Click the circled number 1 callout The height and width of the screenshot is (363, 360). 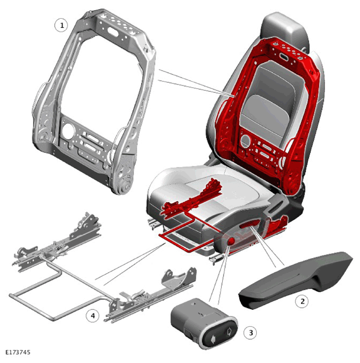(61, 25)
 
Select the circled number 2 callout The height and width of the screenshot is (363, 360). (302, 301)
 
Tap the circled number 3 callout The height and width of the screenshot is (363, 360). (251, 332)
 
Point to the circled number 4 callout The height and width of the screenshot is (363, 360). (93, 315)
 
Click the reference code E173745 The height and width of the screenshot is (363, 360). (18, 352)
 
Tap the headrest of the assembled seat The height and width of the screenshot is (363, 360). (285, 29)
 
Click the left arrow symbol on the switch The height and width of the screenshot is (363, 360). (212, 339)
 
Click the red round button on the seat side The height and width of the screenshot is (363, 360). (231, 241)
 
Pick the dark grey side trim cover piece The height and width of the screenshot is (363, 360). (295, 280)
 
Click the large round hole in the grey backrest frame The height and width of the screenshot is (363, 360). (67, 131)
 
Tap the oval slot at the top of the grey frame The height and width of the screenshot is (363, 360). (113, 31)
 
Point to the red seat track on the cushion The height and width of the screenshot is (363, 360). (192, 198)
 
